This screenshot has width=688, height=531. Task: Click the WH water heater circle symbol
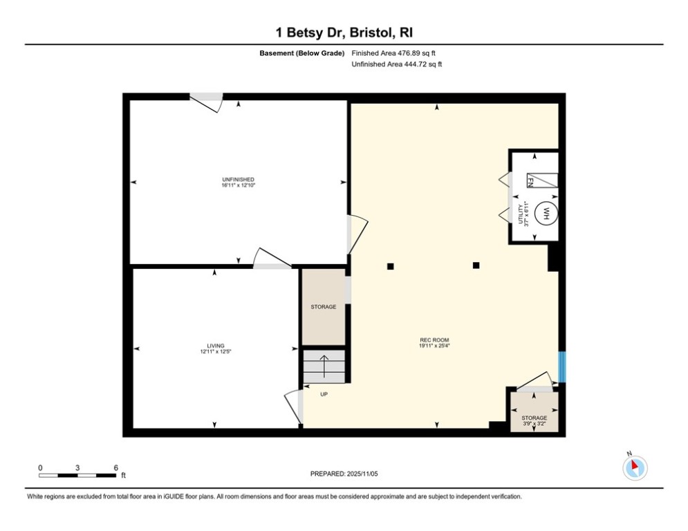click(546, 214)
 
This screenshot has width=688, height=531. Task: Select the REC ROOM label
click(434, 342)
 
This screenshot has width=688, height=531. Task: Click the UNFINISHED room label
click(239, 183)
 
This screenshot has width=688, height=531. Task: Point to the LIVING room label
click(215, 348)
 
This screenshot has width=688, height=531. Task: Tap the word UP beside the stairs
click(324, 394)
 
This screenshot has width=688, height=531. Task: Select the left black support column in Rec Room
click(391, 266)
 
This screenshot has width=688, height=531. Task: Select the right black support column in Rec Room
click(476, 265)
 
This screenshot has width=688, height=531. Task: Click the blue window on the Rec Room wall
click(562, 366)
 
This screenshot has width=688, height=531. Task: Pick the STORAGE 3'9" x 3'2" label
click(534, 420)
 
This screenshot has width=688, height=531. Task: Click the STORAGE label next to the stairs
click(323, 306)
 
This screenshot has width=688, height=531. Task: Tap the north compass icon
click(634, 467)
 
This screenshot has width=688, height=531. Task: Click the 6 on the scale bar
click(115, 467)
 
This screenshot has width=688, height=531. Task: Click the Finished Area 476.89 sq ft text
click(394, 53)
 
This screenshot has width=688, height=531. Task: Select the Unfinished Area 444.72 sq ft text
click(397, 64)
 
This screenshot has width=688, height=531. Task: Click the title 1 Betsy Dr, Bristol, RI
click(344, 32)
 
